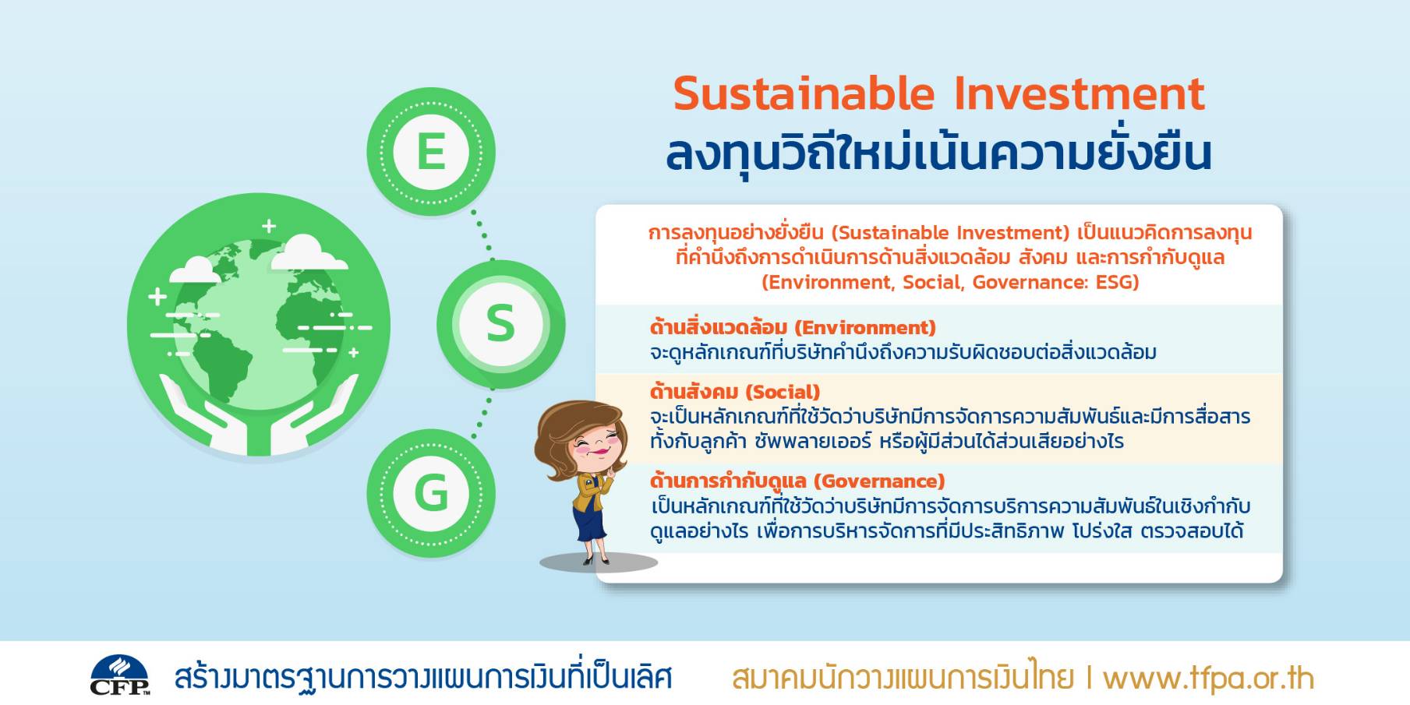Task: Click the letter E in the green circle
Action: tap(431, 151)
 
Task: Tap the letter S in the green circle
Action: tap(500, 323)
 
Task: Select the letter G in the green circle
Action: tap(431, 493)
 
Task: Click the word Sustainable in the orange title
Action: tap(804, 93)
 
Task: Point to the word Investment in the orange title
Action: tap(1080, 93)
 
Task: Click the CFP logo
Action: tap(120, 675)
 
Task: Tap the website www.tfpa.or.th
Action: tap(1209, 679)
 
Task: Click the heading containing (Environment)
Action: tap(793, 327)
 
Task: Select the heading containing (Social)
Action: tap(735, 391)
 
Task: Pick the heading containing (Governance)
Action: tap(797, 481)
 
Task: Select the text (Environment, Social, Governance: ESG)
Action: tap(950, 282)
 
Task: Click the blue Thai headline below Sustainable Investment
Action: tap(938, 153)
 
